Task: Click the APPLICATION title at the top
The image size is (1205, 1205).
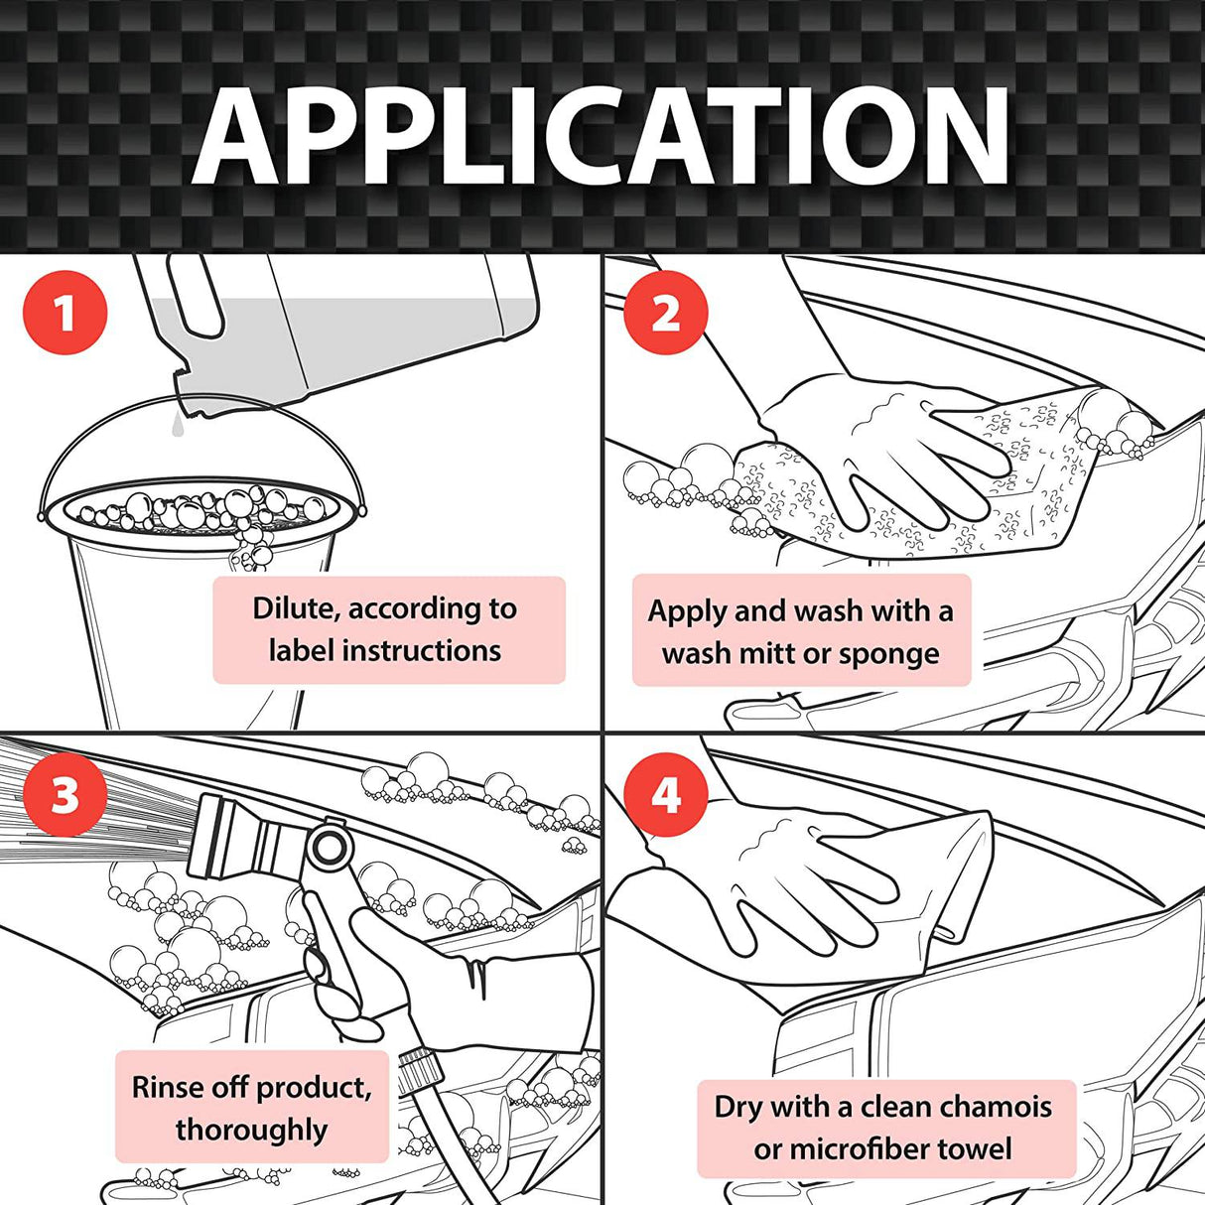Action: (x=602, y=137)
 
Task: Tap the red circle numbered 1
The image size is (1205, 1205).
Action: (x=65, y=313)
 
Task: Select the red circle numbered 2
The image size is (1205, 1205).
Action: (x=666, y=313)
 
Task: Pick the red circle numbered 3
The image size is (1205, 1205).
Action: (x=65, y=794)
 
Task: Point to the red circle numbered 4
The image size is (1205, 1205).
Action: (x=666, y=794)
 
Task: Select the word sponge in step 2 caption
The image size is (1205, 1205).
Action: (x=889, y=655)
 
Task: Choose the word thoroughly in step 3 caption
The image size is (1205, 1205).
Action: (x=251, y=1131)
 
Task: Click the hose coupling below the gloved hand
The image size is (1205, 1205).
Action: (x=418, y=1067)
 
